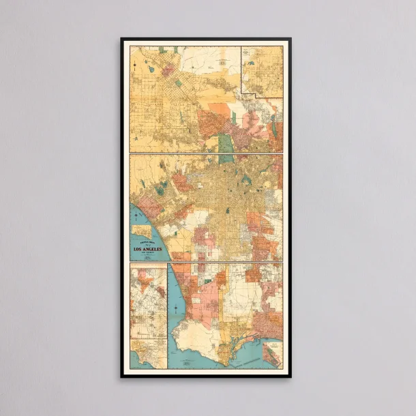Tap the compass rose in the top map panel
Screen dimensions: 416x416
click(x=136, y=67)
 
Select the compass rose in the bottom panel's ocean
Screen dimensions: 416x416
click(x=176, y=311)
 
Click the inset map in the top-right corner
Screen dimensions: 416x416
click(x=263, y=72)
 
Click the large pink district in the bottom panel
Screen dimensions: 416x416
click(x=205, y=300)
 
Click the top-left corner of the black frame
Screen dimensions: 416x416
click(x=122, y=39)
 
